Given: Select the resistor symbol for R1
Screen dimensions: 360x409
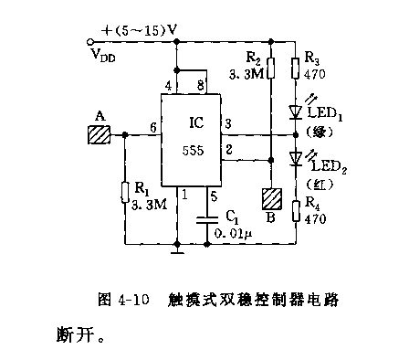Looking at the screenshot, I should pyautogui.click(x=123, y=193).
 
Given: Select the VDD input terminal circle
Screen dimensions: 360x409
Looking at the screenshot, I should pyautogui.click(x=89, y=42).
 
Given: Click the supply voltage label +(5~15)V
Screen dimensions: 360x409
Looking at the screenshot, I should pyautogui.click(x=141, y=29).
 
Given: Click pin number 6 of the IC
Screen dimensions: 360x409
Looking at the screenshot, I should pyautogui.click(x=152, y=127).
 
